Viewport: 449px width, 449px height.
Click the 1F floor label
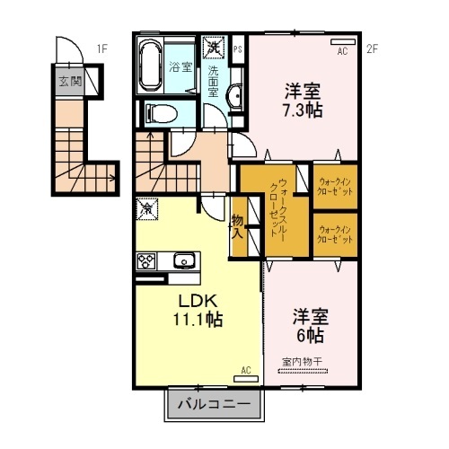click(x=102, y=48)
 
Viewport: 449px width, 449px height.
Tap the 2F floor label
click(x=372, y=48)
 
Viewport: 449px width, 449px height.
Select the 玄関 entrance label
click(x=69, y=83)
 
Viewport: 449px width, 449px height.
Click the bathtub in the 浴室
click(x=151, y=66)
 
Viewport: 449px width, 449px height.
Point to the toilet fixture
click(x=158, y=113)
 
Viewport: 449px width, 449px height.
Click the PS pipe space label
click(x=238, y=49)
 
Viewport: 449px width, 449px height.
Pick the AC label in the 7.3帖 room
click(x=342, y=51)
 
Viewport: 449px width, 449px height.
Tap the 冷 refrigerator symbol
click(x=145, y=208)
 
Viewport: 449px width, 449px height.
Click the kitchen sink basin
click(x=184, y=261)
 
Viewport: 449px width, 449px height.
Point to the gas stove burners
click(x=146, y=261)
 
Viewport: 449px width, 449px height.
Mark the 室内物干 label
click(x=301, y=361)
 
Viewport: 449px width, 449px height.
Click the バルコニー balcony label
click(x=214, y=405)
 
